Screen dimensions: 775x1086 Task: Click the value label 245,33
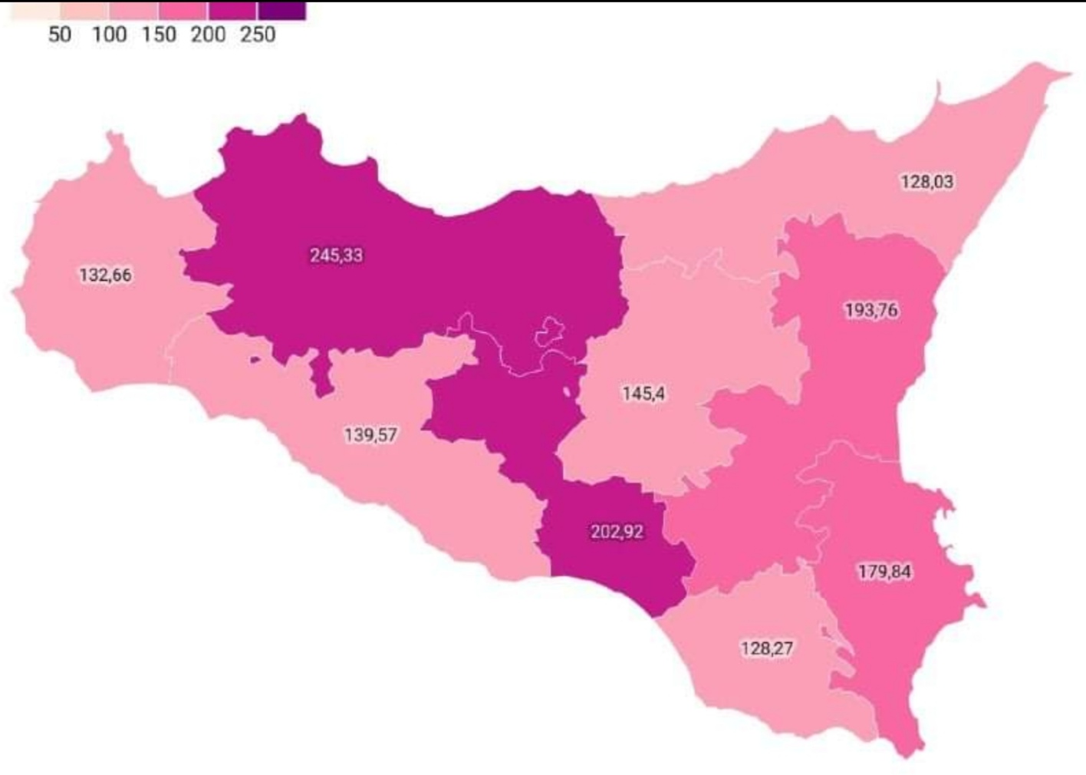point(336,255)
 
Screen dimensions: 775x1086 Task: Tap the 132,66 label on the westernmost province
point(105,275)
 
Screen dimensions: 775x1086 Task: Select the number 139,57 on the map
point(370,435)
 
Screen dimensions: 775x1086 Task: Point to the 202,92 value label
point(617,531)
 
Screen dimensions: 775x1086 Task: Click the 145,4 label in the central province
point(643,394)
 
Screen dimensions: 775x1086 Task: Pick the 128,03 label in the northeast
point(926,182)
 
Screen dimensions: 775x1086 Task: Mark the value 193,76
point(871,310)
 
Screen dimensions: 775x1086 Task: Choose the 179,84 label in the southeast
point(884,572)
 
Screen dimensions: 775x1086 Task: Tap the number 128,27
point(766,648)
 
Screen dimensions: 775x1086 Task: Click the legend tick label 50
point(59,35)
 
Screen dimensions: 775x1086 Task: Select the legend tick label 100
point(109,35)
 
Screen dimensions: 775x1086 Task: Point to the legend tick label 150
point(159,35)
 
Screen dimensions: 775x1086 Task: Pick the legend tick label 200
point(208,35)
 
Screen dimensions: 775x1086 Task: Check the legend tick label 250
point(257,35)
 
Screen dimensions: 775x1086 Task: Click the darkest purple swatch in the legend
point(281,11)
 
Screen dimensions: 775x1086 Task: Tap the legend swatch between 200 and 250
point(232,11)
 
